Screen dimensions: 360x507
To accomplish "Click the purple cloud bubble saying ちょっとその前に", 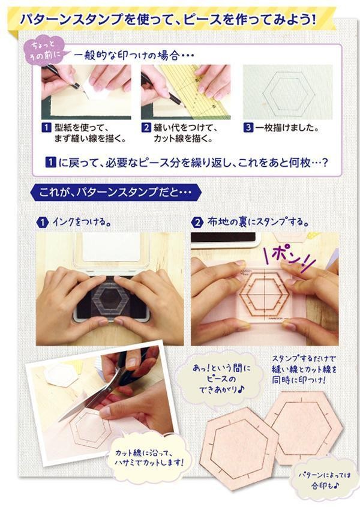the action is click(x=44, y=50).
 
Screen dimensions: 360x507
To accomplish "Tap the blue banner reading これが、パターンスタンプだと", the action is click(x=115, y=193).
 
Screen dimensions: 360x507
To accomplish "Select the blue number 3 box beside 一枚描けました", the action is click(x=248, y=127).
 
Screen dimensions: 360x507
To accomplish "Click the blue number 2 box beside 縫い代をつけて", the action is click(x=146, y=127).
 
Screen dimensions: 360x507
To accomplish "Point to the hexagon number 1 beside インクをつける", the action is click(x=42, y=223).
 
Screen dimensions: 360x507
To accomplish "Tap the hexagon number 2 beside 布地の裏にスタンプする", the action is click(x=197, y=223).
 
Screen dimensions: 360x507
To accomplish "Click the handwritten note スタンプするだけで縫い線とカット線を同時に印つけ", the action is click(x=304, y=369).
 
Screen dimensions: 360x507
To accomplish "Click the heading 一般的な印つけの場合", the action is click(x=134, y=56).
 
